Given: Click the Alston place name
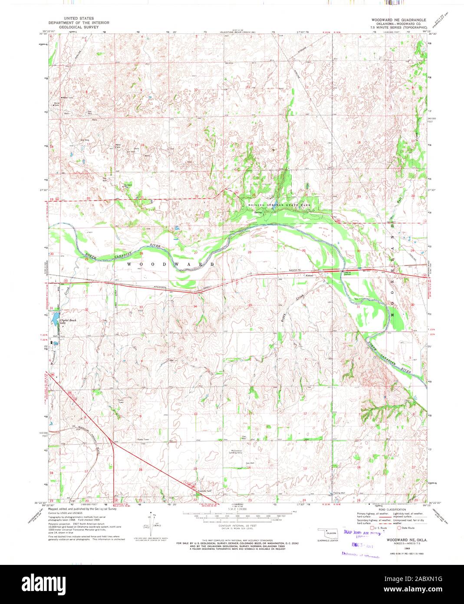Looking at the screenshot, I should point(310,275).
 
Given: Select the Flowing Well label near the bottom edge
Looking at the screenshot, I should point(339,493).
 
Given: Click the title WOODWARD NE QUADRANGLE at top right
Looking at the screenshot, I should point(398,20).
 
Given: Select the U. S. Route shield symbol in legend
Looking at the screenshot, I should point(372,528).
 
